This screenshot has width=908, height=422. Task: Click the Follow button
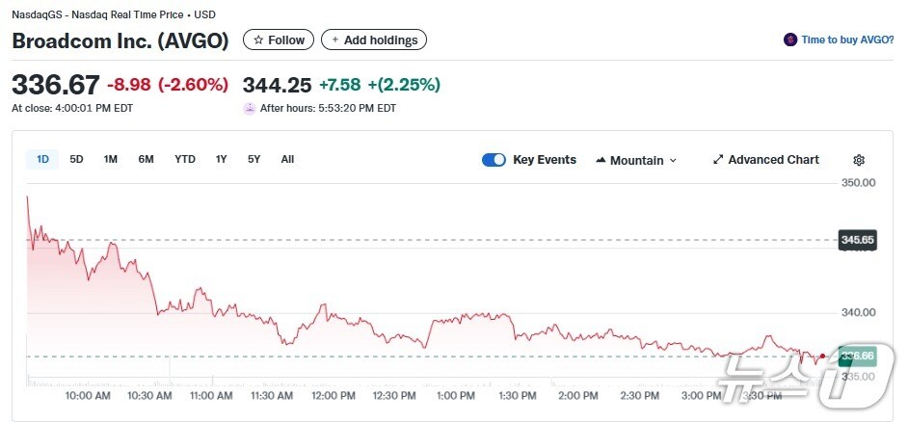click(279, 40)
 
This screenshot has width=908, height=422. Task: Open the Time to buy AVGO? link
click(840, 40)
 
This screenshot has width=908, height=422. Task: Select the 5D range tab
click(77, 159)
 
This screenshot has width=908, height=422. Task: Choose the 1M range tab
click(111, 159)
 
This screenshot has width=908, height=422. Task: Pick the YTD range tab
click(185, 159)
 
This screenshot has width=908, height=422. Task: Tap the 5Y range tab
click(254, 159)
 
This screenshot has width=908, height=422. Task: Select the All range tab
click(287, 159)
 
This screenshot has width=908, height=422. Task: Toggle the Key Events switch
click(494, 160)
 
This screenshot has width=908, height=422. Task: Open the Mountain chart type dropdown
click(636, 160)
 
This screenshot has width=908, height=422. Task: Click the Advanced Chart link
click(766, 160)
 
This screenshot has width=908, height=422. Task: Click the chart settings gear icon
click(859, 160)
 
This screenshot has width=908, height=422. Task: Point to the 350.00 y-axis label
click(858, 182)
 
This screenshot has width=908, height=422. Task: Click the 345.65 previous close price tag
click(857, 239)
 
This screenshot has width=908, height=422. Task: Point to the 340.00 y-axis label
click(858, 312)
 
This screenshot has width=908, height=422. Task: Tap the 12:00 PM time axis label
click(334, 395)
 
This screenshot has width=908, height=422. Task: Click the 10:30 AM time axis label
click(149, 395)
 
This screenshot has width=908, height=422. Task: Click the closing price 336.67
click(55, 84)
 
